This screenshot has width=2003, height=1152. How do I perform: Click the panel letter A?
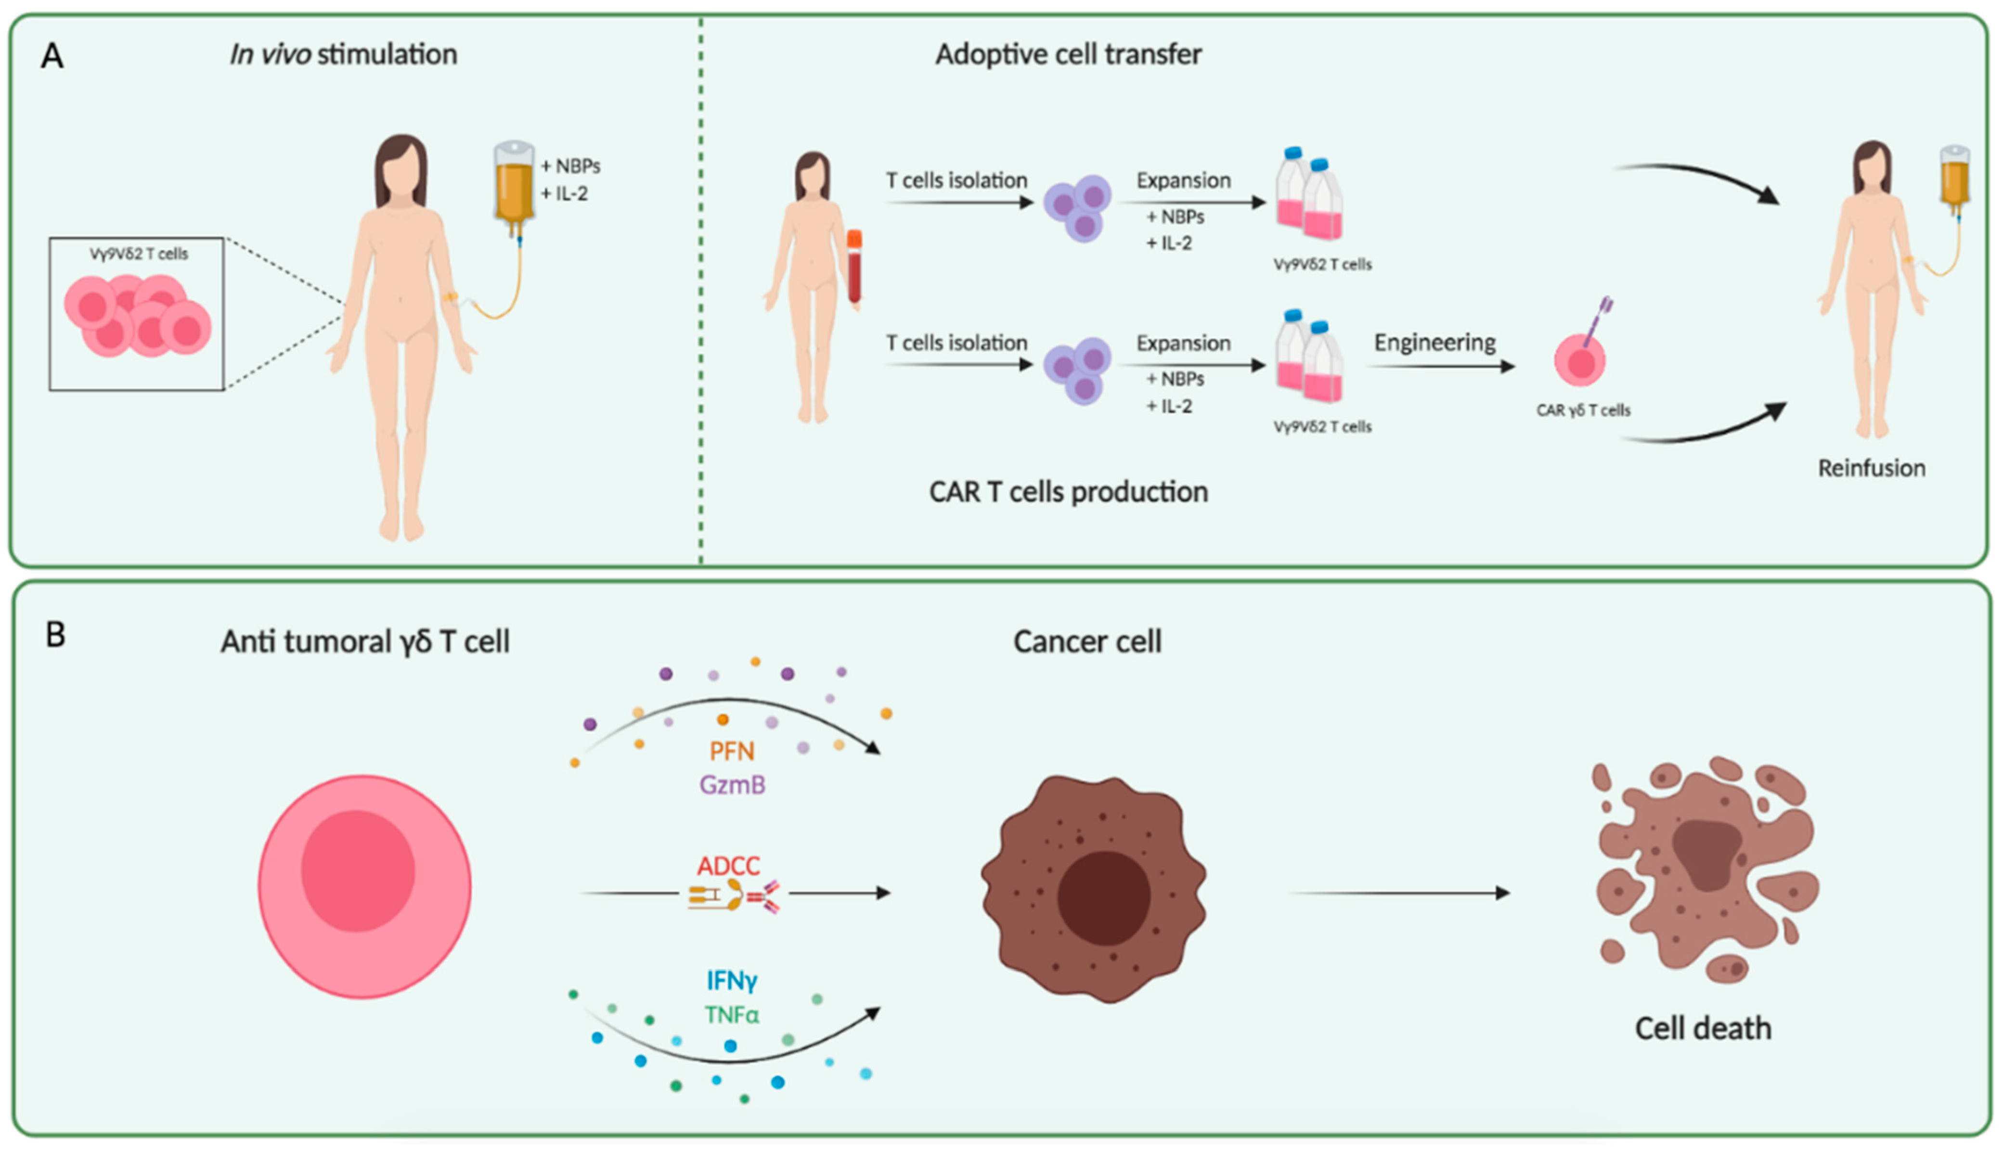coord(52,57)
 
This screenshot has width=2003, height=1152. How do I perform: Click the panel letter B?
coord(55,635)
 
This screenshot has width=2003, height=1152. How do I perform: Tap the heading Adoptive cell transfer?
coord(1068,54)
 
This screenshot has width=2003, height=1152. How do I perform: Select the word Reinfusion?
coord(1872,468)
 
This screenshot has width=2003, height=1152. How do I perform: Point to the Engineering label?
coord(1434,343)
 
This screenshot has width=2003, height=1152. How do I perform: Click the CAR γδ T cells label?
coord(1583,410)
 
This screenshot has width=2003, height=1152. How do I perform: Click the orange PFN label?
coord(731,751)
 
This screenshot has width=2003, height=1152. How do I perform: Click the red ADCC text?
coord(728,866)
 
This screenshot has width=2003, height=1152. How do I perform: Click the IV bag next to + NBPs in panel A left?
coord(514,182)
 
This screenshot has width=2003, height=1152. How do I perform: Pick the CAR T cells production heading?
coord(1068,492)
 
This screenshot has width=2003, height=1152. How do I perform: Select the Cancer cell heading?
coord(1087,641)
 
